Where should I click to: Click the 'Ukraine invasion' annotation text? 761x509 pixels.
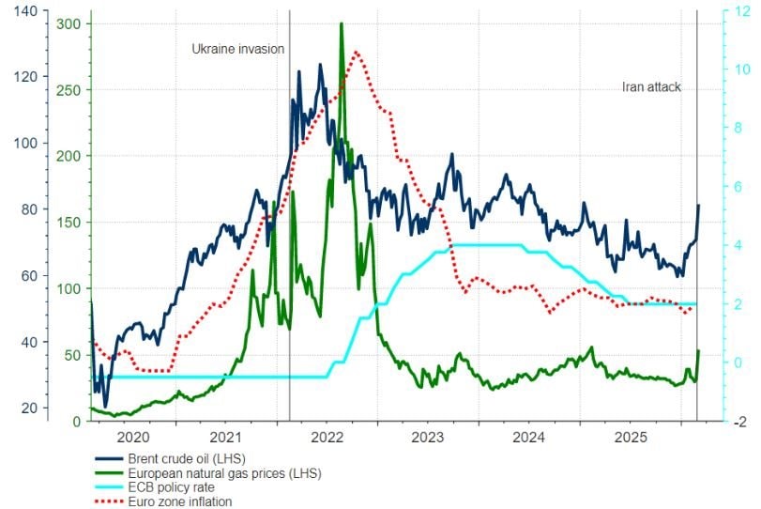coord(237,49)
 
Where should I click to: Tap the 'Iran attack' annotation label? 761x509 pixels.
coord(651,86)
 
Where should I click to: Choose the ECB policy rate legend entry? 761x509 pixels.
coord(160,487)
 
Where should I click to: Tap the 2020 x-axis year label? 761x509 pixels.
coord(129,437)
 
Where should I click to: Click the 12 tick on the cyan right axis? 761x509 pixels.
coord(739,10)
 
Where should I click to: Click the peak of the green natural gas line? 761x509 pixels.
coord(341,23)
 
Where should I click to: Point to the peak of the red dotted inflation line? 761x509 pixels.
coord(356,52)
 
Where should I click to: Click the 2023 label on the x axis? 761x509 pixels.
coord(428,437)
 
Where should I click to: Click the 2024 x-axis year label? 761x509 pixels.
coord(529,437)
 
